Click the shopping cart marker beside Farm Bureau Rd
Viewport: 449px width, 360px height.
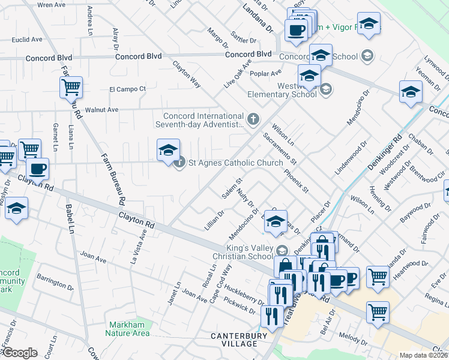(71, 88)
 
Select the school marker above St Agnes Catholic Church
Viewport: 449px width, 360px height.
(169, 150)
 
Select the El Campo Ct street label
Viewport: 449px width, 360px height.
(127, 89)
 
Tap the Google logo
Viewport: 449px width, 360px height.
(19, 352)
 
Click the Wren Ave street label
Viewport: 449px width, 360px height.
(51, 4)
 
